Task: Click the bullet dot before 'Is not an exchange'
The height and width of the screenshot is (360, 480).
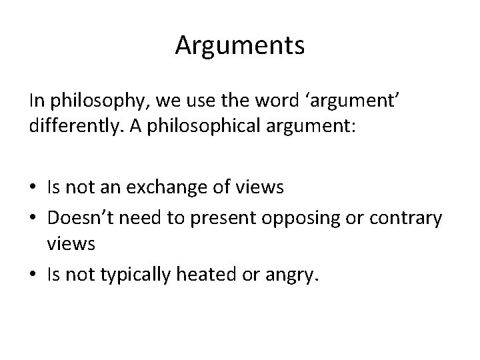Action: [33, 189]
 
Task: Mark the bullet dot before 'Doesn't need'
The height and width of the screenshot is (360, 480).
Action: [33, 217]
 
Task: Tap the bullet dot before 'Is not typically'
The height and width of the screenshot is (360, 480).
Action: [33, 273]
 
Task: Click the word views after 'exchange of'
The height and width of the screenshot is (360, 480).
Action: [261, 188]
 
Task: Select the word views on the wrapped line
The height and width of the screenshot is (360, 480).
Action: [71, 245]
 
